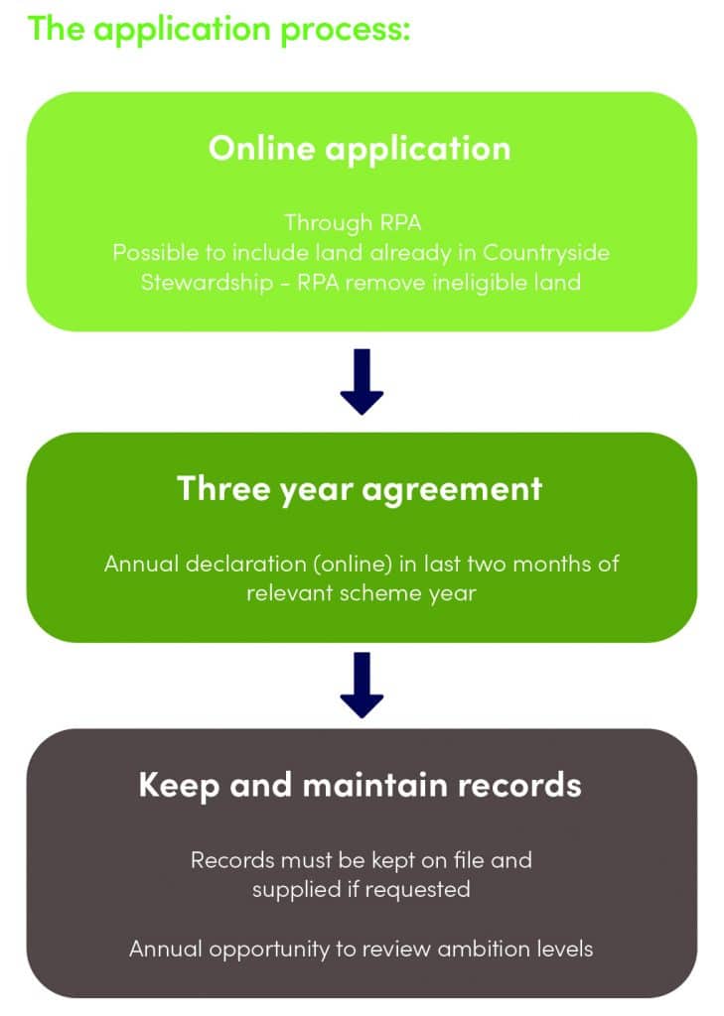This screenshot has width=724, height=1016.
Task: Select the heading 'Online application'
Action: [x=360, y=148]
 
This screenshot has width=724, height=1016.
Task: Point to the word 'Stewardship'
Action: [x=190, y=283]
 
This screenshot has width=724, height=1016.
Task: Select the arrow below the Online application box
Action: [x=362, y=381]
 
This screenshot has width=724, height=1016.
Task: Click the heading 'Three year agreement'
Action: [x=360, y=488]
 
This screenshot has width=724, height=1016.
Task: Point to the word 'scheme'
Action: [x=391, y=594]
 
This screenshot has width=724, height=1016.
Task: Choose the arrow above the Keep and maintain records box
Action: [x=362, y=685]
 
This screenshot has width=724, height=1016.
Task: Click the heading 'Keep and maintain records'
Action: [x=360, y=785]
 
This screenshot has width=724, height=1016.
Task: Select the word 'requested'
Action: [x=416, y=889]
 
